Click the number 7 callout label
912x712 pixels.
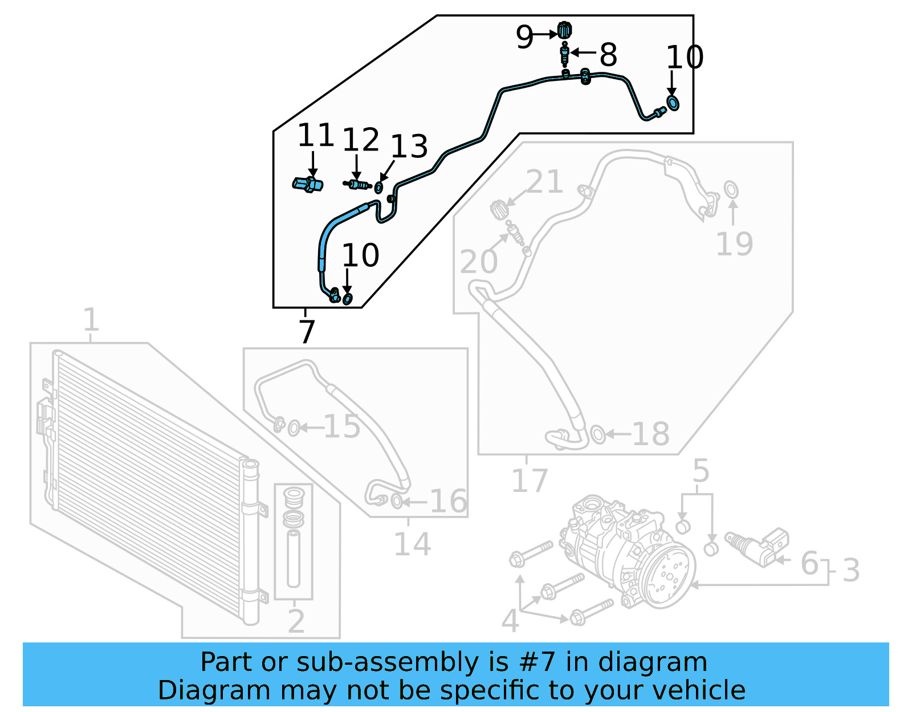307,332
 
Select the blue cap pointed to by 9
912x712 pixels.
564,30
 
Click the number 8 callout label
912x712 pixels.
608,55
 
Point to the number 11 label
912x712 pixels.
315,136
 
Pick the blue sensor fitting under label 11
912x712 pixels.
308,185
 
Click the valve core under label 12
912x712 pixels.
357,184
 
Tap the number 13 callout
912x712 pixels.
409,147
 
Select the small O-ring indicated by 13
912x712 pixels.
378,188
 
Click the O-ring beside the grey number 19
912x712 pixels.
731,189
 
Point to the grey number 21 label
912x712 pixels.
544,182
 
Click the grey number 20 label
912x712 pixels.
479,262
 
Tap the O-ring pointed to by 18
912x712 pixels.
597,434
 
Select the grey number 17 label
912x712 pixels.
530,481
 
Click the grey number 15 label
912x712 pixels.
342,426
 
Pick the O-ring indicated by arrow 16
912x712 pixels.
397,502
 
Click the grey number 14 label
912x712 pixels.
412,544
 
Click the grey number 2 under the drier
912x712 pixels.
296,621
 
